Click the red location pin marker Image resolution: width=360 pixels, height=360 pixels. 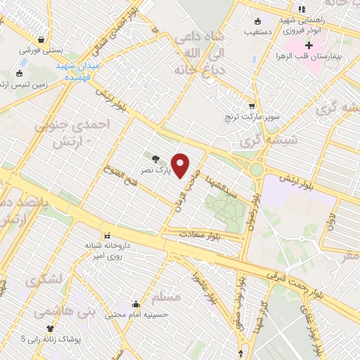coord(181,165)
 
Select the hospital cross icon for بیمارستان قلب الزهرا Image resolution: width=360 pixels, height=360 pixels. coord(308,45)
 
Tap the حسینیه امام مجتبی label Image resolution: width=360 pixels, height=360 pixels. coord(138,315)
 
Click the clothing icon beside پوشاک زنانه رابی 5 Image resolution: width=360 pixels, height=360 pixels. coord(49,328)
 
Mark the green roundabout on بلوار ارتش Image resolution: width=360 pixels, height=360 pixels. coord(257,169)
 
